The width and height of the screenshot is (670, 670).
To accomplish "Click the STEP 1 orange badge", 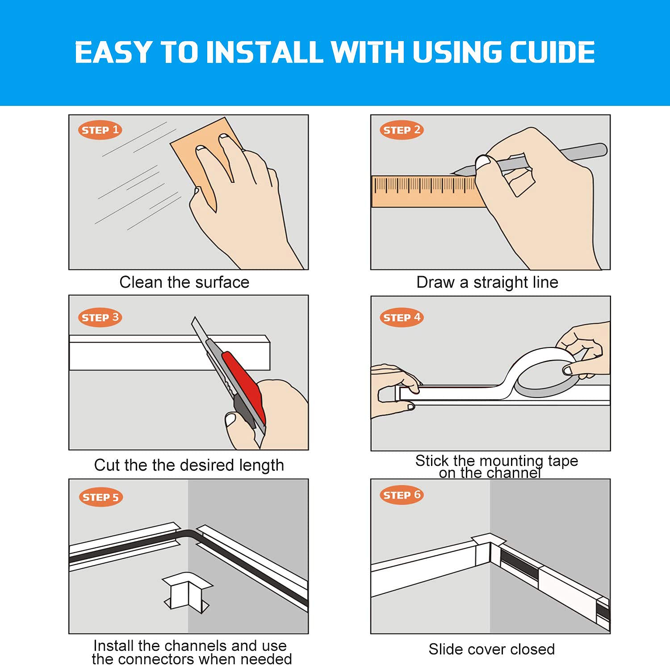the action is [100, 130].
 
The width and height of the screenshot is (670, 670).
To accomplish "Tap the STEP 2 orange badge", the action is [402, 130].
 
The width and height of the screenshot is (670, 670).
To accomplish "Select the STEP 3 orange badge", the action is [100, 318].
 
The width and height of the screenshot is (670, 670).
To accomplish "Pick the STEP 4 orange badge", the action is [402, 318].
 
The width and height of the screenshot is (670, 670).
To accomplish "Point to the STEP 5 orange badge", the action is [100, 497].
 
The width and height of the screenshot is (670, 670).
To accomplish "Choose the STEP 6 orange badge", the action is [402, 495].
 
